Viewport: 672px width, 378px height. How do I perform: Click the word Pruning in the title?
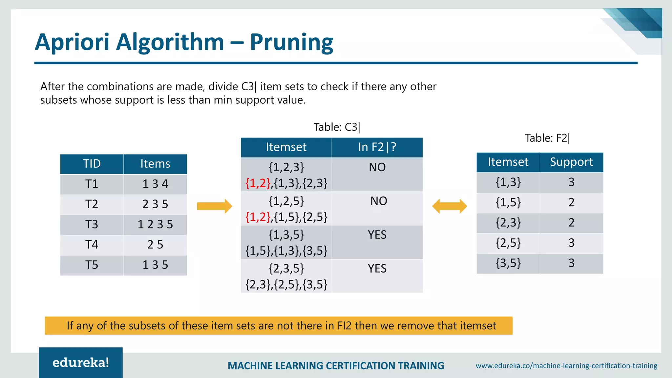coord(291,43)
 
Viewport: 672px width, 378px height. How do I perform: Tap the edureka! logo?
coord(81,363)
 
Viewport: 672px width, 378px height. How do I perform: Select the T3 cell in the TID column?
coord(92,224)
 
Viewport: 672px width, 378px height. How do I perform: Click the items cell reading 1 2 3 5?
coord(155,224)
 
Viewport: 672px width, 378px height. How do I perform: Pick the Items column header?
coord(155,164)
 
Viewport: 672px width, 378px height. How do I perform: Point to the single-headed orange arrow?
coord(215,206)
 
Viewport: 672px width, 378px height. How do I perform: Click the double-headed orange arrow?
coord(450,206)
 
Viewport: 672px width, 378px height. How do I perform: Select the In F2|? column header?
coord(377,147)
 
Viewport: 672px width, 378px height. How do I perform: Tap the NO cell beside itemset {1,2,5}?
coord(379,201)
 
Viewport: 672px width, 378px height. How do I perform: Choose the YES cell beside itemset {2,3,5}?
coord(377,269)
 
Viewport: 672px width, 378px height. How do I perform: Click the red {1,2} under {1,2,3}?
coord(258,183)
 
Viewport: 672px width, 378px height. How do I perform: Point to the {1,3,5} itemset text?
coord(286,235)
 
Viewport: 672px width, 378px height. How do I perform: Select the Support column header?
coord(571,162)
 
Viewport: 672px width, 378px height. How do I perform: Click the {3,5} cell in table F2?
coord(508,263)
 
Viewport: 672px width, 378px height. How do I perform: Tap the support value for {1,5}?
coord(571,202)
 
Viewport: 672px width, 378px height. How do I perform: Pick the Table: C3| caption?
coord(337,127)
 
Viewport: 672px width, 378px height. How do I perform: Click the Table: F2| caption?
coord(547,138)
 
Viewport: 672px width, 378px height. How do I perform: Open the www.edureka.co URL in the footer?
coord(566,366)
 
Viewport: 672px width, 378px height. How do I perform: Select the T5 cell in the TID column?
coord(92,265)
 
